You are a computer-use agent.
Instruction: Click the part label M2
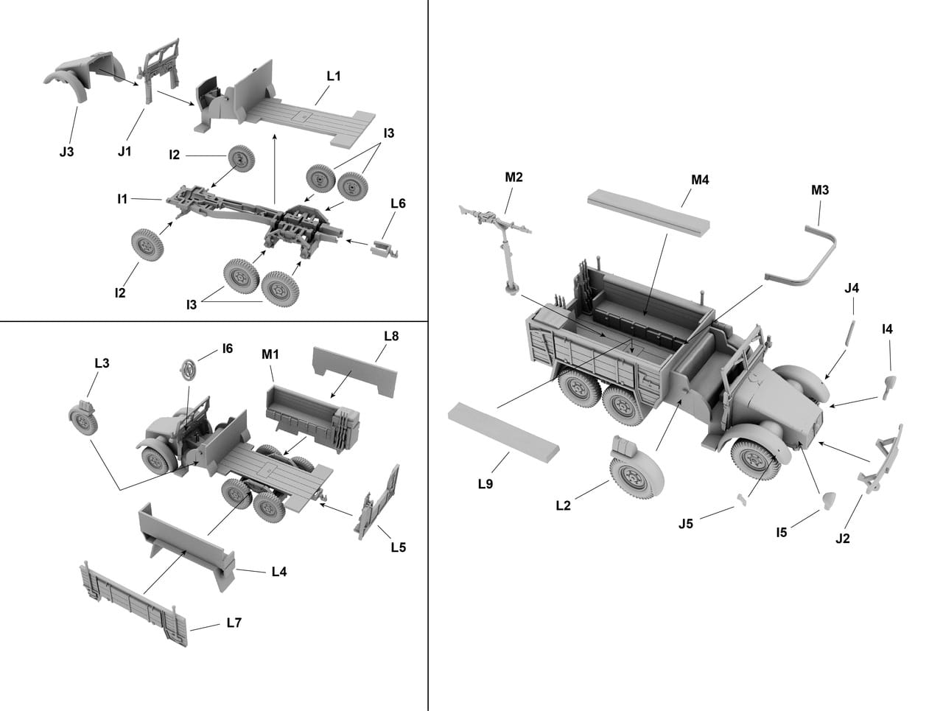(513, 177)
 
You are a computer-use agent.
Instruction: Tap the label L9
(485, 483)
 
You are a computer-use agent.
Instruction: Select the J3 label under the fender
(66, 152)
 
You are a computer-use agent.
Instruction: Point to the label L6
(398, 203)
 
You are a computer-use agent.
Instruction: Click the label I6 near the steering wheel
(227, 349)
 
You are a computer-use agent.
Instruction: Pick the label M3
(820, 190)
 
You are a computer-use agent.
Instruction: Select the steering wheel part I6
(189, 368)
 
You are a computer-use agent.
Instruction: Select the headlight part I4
(889, 382)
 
